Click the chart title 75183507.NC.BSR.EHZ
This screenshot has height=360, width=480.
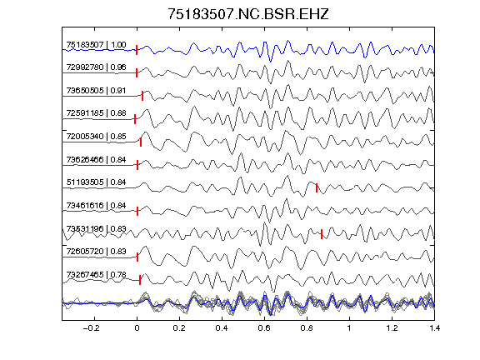tap(248, 14)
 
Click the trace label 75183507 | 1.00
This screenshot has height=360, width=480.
tap(96, 45)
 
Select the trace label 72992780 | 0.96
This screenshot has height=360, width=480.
tap(96, 67)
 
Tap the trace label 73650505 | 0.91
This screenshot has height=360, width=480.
tap(96, 90)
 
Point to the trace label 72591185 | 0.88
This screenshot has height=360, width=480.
tap(96, 113)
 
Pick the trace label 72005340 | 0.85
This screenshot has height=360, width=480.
tap(96, 136)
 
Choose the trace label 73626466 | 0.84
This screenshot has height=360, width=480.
tap(96, 159)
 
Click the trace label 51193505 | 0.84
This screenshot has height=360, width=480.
tap(96, 182)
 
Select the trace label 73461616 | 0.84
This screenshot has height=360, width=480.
tap(96, 205)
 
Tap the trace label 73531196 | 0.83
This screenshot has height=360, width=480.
tap(96, 228)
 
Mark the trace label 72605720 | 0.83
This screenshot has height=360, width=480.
tap(96, 252)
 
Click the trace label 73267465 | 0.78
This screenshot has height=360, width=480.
tap(96, 275)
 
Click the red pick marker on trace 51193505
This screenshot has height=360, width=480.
tap(317, 188)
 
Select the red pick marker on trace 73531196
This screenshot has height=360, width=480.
tap(322, 234)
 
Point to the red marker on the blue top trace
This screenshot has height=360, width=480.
tap(137, 50)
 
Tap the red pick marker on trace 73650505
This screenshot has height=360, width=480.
tap(142, 96)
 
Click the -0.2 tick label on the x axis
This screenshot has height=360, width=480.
tap(92, 328)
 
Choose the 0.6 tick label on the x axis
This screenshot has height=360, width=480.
tap(264, 328)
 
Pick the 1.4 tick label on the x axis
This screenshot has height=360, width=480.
tap(434, 328)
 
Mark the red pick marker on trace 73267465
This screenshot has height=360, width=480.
tap(140, 280)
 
